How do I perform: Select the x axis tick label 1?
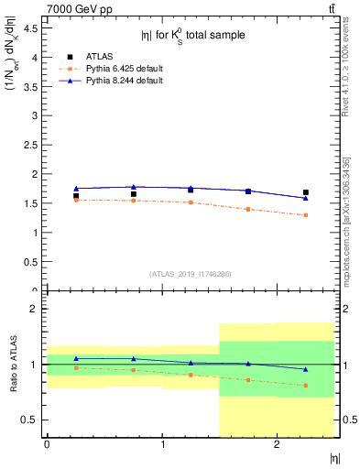(x=162, y=444)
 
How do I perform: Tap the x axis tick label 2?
(x=278, y=444)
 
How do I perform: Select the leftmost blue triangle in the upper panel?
(x=76, y=189)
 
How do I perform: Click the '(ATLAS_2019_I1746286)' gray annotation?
(x=191, y=274)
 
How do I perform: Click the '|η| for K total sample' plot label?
(x=192, y=36)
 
